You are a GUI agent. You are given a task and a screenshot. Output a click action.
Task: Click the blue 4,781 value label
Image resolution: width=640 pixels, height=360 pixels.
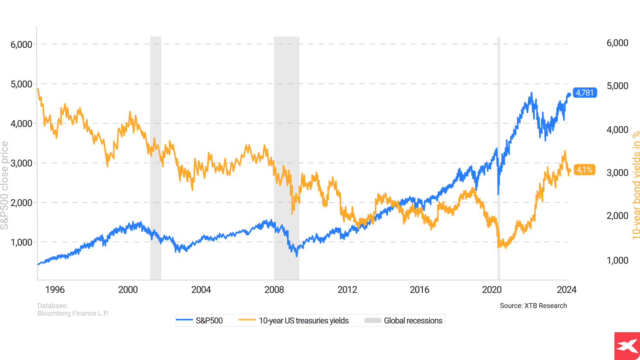pos(585,93)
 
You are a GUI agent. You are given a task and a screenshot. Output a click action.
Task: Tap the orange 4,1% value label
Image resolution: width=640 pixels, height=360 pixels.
pos(584,170)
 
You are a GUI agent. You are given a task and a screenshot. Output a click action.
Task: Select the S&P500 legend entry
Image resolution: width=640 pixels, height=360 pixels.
pos(200,320)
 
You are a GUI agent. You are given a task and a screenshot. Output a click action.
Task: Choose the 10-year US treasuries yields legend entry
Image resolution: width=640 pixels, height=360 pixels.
pos(294,320)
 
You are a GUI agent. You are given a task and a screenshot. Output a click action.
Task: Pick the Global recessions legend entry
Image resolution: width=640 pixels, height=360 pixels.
pos(404,320)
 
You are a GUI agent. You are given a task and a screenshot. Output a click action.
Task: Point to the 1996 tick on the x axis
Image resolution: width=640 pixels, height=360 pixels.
pos(55,290)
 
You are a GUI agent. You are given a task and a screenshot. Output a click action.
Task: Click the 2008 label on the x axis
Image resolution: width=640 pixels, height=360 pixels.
pos(274,290)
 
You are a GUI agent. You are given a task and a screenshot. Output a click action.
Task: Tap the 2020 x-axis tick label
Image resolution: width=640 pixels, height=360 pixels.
pos(492,290)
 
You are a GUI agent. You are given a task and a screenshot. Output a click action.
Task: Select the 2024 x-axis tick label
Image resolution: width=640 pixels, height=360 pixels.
pos(567,290)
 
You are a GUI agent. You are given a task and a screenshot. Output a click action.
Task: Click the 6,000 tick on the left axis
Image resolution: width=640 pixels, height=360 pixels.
pos(21,44)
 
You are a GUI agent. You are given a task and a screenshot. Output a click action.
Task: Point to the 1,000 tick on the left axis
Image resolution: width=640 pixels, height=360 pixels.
pos(21,242)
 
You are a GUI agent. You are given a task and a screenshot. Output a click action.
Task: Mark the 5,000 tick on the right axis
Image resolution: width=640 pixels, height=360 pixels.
pos(617,86)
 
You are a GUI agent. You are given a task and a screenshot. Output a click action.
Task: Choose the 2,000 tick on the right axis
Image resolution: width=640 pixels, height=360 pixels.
pos(617,216)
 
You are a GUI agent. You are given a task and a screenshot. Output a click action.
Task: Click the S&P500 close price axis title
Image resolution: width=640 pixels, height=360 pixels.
pos(5,186)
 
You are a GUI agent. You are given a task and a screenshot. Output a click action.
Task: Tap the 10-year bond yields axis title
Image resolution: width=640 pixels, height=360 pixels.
pos(636,185)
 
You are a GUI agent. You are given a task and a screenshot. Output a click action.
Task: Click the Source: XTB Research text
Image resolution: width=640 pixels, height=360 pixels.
pos(533,305)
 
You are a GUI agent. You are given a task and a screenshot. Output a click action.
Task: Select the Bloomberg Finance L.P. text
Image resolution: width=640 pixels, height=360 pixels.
pos(73,313)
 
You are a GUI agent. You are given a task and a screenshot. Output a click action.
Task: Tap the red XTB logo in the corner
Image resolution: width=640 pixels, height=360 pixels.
pos(627,346)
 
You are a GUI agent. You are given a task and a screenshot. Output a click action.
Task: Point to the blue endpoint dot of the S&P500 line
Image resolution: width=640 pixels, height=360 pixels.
pos(569,95)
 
